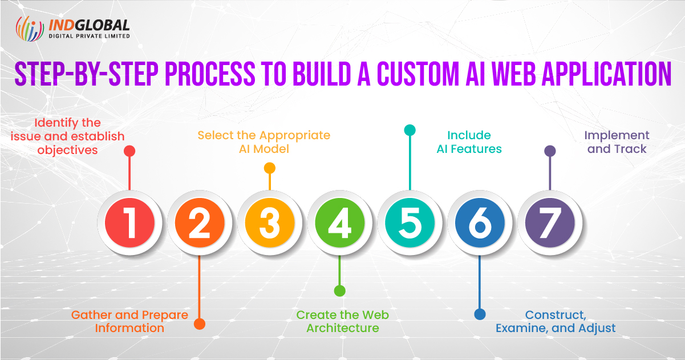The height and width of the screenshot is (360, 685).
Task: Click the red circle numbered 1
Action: [130, 223]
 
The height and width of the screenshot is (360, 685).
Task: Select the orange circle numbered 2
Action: [200, 223]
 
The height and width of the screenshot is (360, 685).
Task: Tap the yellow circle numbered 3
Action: [270, 223]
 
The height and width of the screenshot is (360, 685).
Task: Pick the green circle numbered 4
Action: [339, 223]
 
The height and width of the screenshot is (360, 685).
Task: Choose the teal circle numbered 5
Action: [410, 223]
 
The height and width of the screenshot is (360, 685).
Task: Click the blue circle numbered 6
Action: [480, 223]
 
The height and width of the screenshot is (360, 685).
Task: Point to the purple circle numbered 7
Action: [549, 223]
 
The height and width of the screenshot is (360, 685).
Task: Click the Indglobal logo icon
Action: [30, 29]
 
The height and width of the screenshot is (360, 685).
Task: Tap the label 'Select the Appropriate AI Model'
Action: [264, 142]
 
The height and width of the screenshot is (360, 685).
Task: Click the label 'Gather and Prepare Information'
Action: [129, 321]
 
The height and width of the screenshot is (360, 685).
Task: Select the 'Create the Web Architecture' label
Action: [343, 321]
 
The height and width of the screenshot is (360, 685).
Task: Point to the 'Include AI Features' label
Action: [469, 142]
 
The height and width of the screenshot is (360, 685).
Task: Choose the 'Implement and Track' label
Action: [617, 142]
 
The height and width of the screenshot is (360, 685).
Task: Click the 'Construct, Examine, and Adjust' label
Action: [556, 321]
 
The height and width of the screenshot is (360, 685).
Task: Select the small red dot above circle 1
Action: [129, 151]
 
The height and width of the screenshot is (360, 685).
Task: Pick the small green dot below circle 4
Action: [339, 291]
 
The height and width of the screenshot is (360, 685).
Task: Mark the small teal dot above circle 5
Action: [410, 130]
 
